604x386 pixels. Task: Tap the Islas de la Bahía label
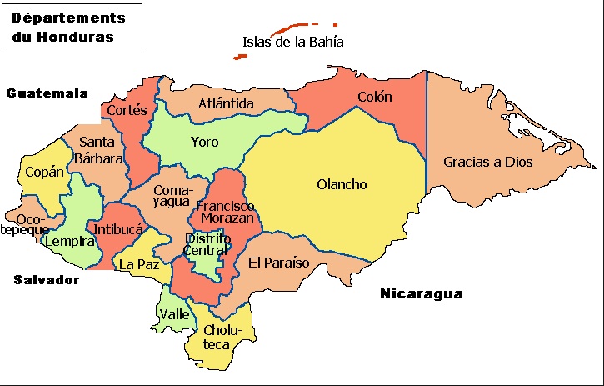coord(293,42)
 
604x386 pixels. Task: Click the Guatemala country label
coord(47,93)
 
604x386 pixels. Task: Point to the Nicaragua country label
coord(421,293)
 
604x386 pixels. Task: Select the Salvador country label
coord(47,280)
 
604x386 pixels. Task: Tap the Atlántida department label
coord(226,103)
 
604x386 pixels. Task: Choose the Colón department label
coord(374,97)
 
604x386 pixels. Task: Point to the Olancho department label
coord(342,184)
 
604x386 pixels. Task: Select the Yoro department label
coord(204,142)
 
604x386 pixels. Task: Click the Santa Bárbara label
coord(97,149)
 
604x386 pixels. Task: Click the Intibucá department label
coord(118,228)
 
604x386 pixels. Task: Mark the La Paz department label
coord(137,264)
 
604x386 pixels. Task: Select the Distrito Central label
coord(205,243)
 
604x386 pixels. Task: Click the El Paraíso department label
coord(279,263)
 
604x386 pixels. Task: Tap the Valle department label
coord(174,314)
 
